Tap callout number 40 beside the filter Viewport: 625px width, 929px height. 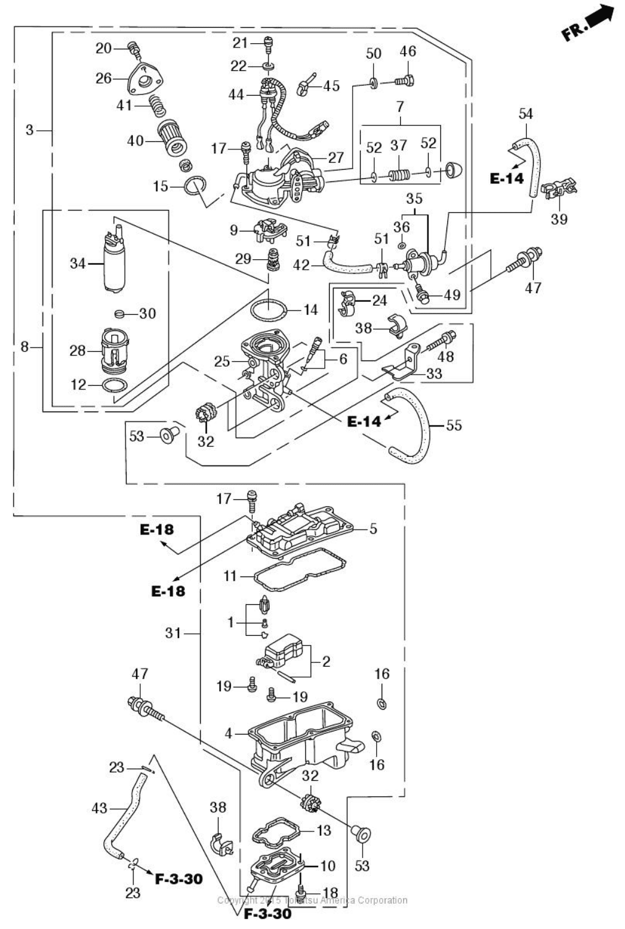tap(135, 141)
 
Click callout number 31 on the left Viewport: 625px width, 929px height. tap(174, 633)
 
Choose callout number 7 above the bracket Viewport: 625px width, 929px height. tap(400, 107)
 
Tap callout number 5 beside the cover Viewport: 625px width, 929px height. tap(373, 528)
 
